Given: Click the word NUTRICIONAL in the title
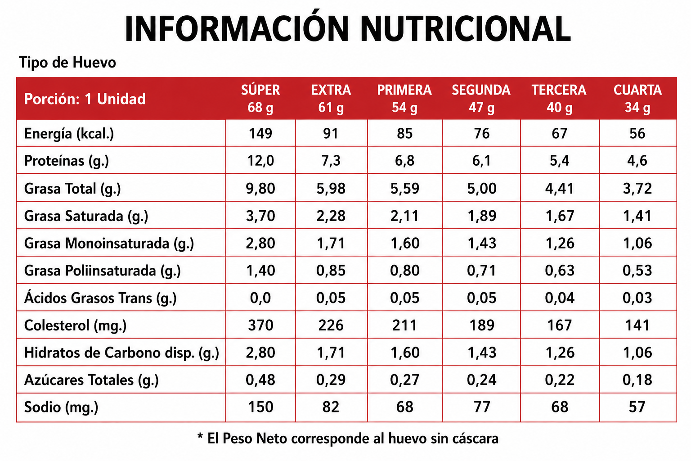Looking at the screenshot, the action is click(466, 28).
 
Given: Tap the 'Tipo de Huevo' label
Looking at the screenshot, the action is click(67, 63).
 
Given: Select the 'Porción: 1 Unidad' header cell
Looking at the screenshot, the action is click(85, 99).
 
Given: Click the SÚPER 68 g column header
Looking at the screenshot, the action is click(260, 99).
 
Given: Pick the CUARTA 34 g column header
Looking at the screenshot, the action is click(637, 99).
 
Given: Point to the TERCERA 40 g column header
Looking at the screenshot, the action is click(559, 99).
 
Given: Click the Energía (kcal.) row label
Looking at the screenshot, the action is click(69, 134).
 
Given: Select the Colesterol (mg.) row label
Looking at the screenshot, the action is click(75, 325).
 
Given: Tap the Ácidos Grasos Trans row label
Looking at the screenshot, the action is click(100, 298).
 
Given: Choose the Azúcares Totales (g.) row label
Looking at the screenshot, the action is click(91, 380).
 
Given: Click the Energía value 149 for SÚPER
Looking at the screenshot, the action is click(260, 133).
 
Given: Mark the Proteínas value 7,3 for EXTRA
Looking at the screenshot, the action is click(331, 161).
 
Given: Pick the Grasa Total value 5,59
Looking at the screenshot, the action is click(405, 188).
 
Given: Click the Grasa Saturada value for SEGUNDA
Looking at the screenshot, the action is click(482, 216).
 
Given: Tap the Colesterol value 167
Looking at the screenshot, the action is click(559, 325).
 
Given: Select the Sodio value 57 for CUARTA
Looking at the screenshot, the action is click(637, 407).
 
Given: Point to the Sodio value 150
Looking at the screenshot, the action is click(260, 407).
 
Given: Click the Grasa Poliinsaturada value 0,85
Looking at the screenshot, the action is click(331, 271).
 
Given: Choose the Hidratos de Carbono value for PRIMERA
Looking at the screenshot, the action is click(405, 353).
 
